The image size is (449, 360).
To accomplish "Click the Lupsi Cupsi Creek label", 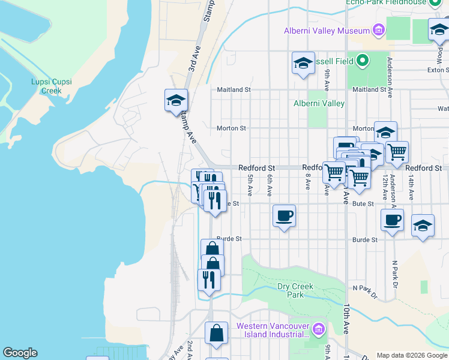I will tap(47, 86).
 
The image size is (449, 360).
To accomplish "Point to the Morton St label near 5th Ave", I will tap(231, 128).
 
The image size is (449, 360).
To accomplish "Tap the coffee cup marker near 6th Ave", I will tap(285, 215).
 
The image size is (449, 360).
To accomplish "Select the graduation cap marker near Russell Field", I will tap(303, 63).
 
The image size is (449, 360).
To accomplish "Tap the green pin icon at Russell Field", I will tap(362, 61).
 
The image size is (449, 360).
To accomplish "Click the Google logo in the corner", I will tap(20, 353).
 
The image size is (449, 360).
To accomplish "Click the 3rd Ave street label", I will tap(193, 58).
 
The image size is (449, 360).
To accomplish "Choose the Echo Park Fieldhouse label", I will tap(385, 2).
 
